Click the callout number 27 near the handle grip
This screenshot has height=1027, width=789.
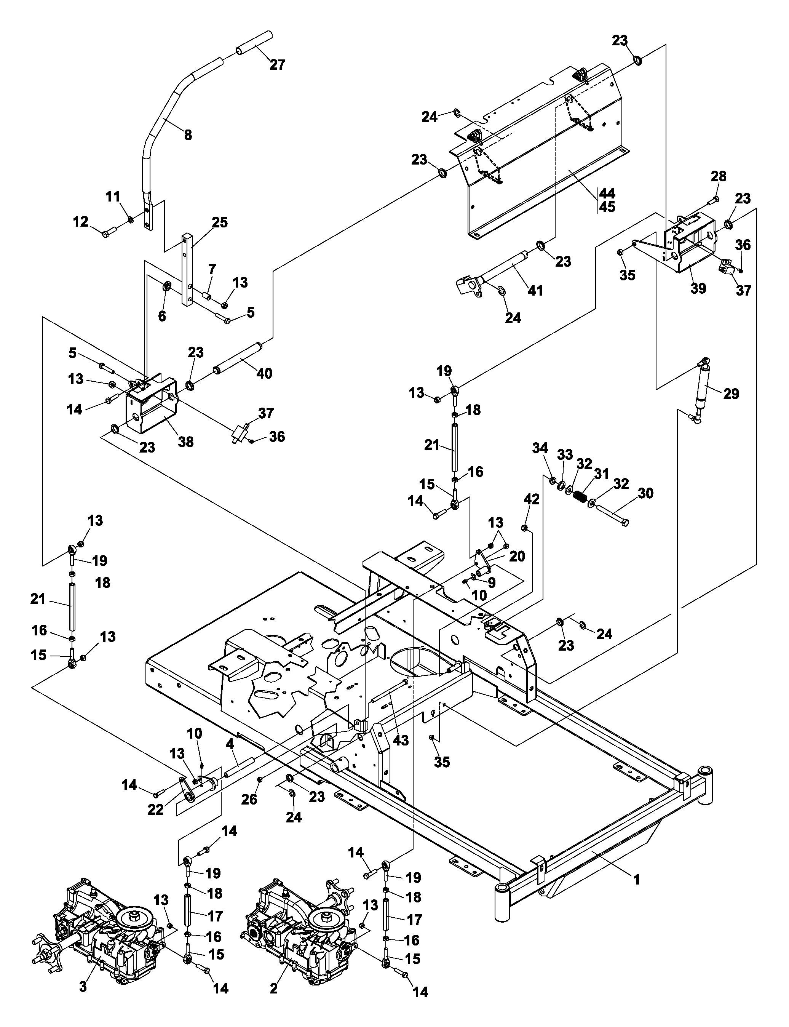point(277,65)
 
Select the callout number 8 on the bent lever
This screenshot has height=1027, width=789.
point(188,135)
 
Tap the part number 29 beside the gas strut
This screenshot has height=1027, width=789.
point(731,394)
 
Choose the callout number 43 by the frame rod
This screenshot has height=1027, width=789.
point(401,741)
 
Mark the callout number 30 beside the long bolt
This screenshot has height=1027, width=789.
point(646,493)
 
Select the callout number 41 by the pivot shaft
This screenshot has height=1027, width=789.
point(535,291)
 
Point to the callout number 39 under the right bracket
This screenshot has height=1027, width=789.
point(698,288)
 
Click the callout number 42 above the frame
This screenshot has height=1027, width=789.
point(532,499)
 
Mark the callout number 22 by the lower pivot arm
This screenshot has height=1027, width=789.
point(155,809)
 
